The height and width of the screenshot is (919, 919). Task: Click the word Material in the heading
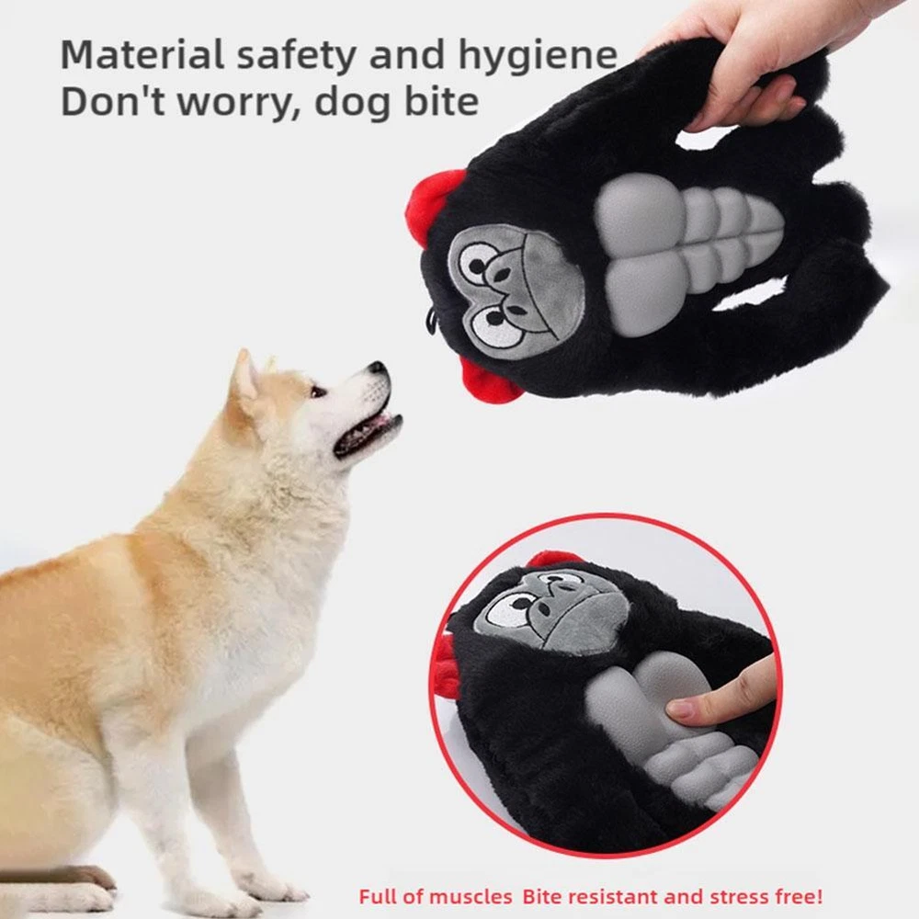(x=142, y=54)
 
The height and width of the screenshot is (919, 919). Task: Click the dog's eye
(x=318, y=391)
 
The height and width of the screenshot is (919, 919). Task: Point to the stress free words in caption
(x=766, y=896)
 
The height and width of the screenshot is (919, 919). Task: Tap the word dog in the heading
(x=353, y=103)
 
